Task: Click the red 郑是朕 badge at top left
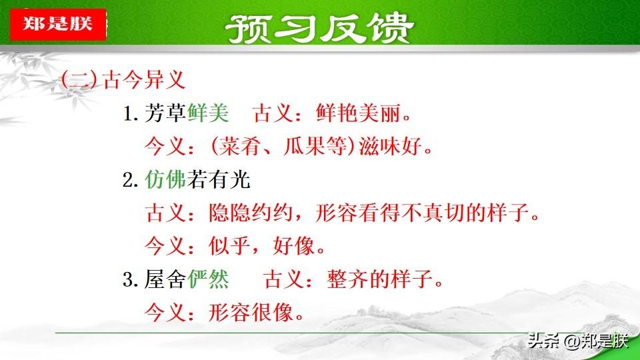point(58,24)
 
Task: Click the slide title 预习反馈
point(319,28)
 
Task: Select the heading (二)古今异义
point(123,79)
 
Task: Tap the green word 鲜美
point(208,113)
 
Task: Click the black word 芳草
point(165,113)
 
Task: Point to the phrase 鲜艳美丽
point(358,113)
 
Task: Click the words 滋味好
point(390,146)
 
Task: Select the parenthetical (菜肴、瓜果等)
point(283,146)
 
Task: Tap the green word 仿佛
point(165,179)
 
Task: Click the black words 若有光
point(219,179)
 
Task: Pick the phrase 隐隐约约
point(251,213)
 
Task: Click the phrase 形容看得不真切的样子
point(422,213)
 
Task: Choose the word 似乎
point(229,246)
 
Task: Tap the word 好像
point(293,246)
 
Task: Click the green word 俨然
point(208,279)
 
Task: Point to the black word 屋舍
point(165,279)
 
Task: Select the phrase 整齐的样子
point(379,279)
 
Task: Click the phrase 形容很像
point(251,313)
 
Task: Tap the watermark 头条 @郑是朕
point(578,341)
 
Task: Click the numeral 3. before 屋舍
point(130,280)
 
